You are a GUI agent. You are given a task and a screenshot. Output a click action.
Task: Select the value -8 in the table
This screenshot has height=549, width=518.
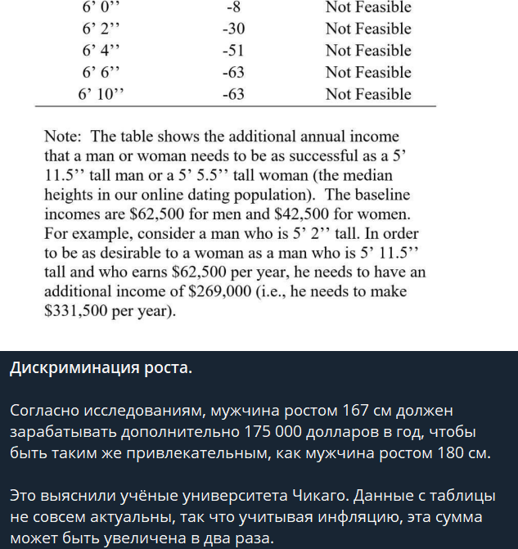(233, 7)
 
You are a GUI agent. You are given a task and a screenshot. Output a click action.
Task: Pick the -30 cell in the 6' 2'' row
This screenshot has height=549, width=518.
(233, 29)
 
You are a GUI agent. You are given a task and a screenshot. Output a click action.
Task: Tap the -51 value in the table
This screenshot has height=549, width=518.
(233, 51)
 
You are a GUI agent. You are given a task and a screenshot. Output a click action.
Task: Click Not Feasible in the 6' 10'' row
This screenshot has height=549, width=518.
(368, 94)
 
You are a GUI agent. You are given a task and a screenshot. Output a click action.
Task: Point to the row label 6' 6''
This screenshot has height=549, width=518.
(101, 72)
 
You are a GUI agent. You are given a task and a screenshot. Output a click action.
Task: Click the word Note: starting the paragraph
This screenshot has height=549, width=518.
(64, 137)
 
